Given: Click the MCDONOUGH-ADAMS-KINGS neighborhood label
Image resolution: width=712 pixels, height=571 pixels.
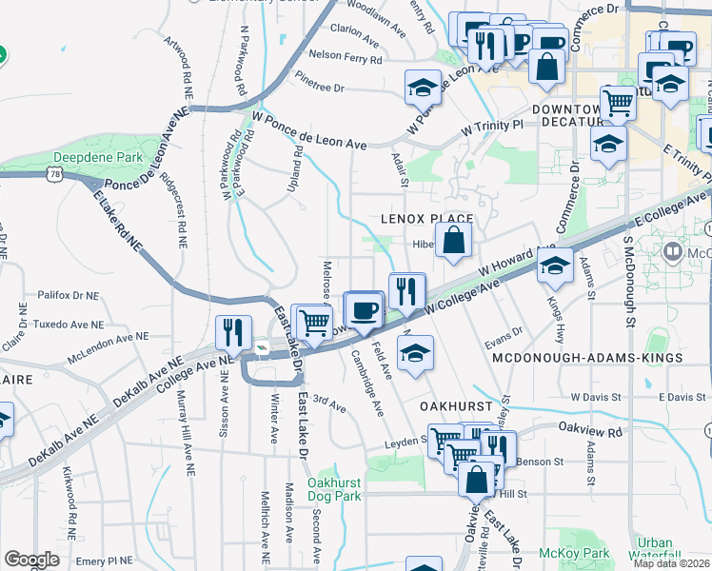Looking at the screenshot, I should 587,357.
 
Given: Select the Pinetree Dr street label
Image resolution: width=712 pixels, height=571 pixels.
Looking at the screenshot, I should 319,88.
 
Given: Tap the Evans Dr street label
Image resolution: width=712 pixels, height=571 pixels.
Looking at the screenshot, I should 504,332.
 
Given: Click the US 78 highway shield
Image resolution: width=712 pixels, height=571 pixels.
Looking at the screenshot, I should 57,175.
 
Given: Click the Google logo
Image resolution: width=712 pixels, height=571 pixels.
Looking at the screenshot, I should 31,560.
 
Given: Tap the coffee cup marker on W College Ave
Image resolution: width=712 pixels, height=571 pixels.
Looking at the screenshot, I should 362,309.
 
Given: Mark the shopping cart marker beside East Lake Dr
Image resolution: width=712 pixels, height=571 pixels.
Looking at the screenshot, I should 313,322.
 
